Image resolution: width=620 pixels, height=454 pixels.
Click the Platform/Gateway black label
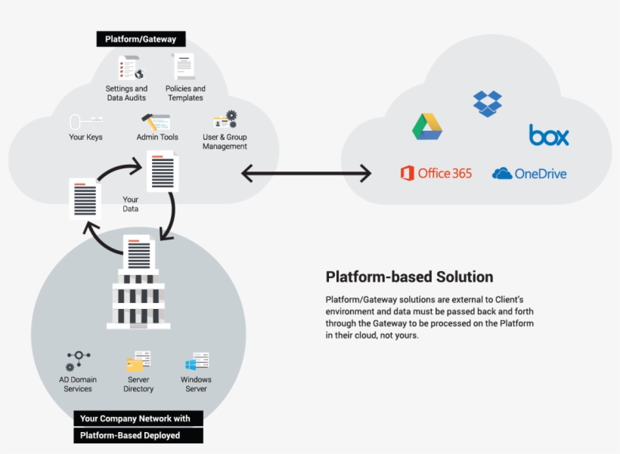click(141, 39)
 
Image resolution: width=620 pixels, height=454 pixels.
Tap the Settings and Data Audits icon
click(129, 67)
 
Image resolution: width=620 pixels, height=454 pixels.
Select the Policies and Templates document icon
click(183, 66)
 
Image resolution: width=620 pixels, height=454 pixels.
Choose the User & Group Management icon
click(225, 120)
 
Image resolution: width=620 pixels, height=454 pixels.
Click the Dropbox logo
click(488, 103)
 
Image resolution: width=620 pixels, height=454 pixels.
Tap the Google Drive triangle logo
click(427, 126)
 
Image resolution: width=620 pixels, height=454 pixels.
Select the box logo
click(549, 135)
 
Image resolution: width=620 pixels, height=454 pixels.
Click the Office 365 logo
click(436, 173)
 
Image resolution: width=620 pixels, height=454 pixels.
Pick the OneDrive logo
click(529, 174)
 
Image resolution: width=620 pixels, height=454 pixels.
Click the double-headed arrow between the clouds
click(306, 174)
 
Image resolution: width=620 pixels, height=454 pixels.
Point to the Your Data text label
click(131, 205)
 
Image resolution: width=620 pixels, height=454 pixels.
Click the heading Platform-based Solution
click(409, 276)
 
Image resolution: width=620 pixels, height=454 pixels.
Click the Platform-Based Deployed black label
click(138, 436)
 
